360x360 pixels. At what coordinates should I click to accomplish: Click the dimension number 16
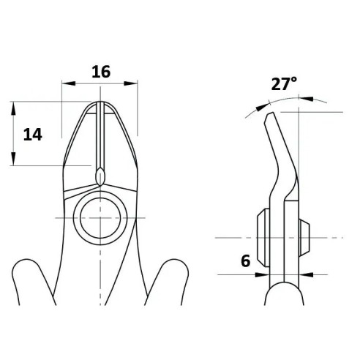[x=101, y=72]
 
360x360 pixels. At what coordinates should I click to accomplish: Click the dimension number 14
[x=33, y=135]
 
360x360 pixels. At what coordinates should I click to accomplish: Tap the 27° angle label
[x=284, y=83]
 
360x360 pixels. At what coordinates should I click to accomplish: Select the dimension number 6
[x=246, y=260]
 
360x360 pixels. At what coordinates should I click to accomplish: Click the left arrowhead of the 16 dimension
[x=69, y=83]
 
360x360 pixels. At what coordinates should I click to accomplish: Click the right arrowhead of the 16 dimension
[x=131, y=83]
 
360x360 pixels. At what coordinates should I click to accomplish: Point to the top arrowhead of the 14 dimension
[x=13, y=108]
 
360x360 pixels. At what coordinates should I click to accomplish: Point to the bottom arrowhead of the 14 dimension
[x=13, y=159]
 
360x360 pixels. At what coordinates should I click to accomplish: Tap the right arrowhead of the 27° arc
[x=307, y=99]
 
